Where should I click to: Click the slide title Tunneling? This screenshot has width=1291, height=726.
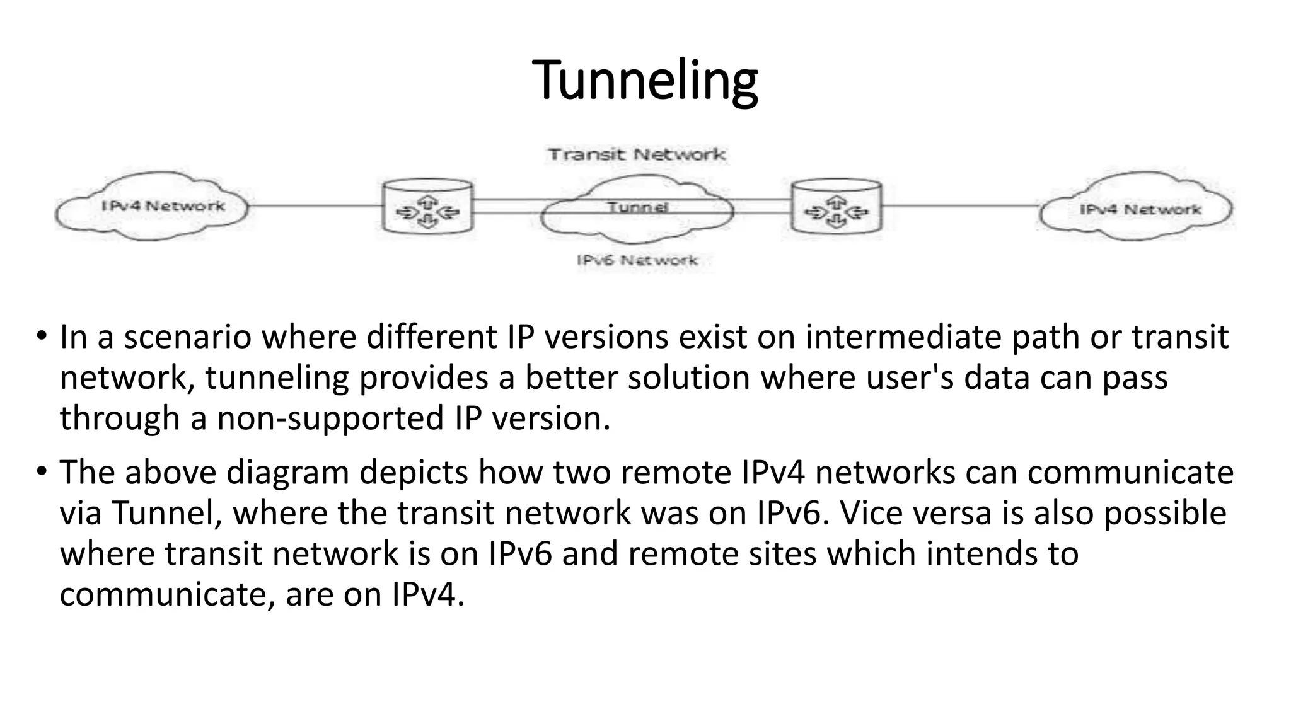(645, 80)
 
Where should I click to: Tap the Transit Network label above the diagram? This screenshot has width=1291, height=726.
(637, 154)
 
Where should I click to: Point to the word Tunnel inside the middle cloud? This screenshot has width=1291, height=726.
(637, 207)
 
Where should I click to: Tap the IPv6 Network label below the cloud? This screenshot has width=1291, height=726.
(637, 260)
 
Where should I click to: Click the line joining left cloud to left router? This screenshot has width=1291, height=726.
(315, 205)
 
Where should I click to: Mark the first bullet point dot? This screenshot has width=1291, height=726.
(42, 336)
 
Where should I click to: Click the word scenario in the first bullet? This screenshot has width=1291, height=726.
(187, 337)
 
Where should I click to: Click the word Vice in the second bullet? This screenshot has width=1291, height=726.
(871, 513)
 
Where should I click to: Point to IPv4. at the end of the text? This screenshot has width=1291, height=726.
(428, 594)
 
